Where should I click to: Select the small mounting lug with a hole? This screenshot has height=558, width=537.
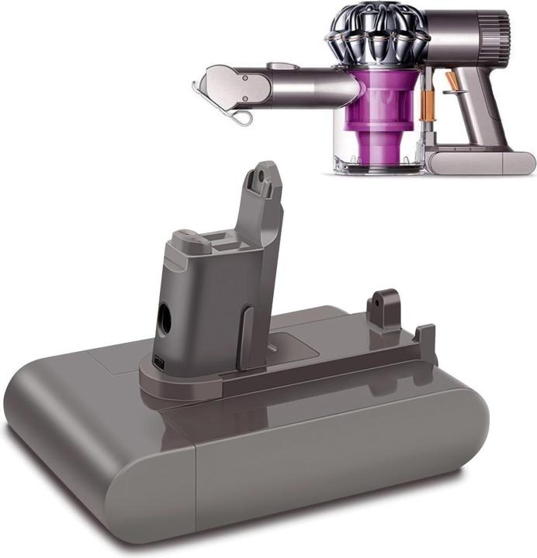click(x=383, y=304)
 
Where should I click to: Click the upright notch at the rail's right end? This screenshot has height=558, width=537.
click(x=426, y=340)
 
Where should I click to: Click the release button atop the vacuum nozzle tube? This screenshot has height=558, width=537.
click(x=282, y=67)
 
